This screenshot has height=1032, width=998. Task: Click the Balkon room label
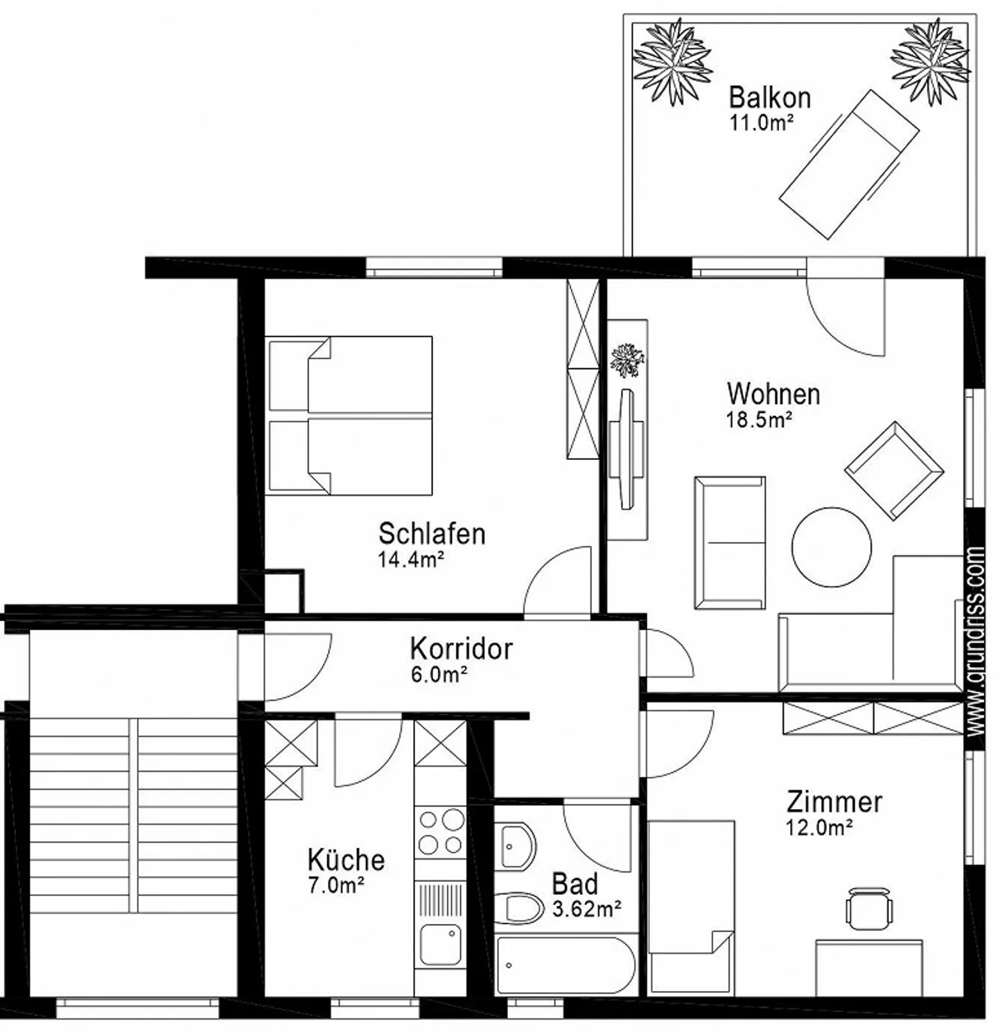point(769,98)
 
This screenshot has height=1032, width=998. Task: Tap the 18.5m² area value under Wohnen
point(759,420)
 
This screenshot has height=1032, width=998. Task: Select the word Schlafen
point(431,534)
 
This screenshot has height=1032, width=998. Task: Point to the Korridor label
point(461,649)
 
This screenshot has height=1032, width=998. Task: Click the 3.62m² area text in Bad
point(586,909)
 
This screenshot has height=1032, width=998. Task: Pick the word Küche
point(346,860)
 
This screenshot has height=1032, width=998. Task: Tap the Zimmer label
point(834,802)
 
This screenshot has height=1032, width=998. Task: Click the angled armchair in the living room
point(893,470)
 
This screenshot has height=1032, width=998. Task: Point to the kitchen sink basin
point(441,943)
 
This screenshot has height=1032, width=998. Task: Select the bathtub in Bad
point(564,966)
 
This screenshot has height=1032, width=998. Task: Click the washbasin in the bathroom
point(517,846)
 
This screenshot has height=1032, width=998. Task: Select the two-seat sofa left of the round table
point(730,542)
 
